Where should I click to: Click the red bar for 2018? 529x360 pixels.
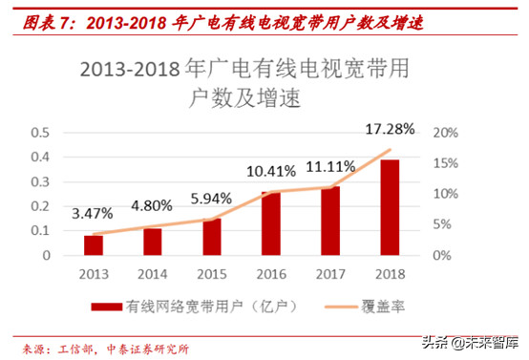(x=390, y=207)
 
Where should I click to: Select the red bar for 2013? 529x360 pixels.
(x=93, y=245)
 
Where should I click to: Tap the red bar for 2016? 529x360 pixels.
(x=271, y=223)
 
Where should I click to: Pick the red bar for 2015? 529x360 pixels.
(x=212, y=237)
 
